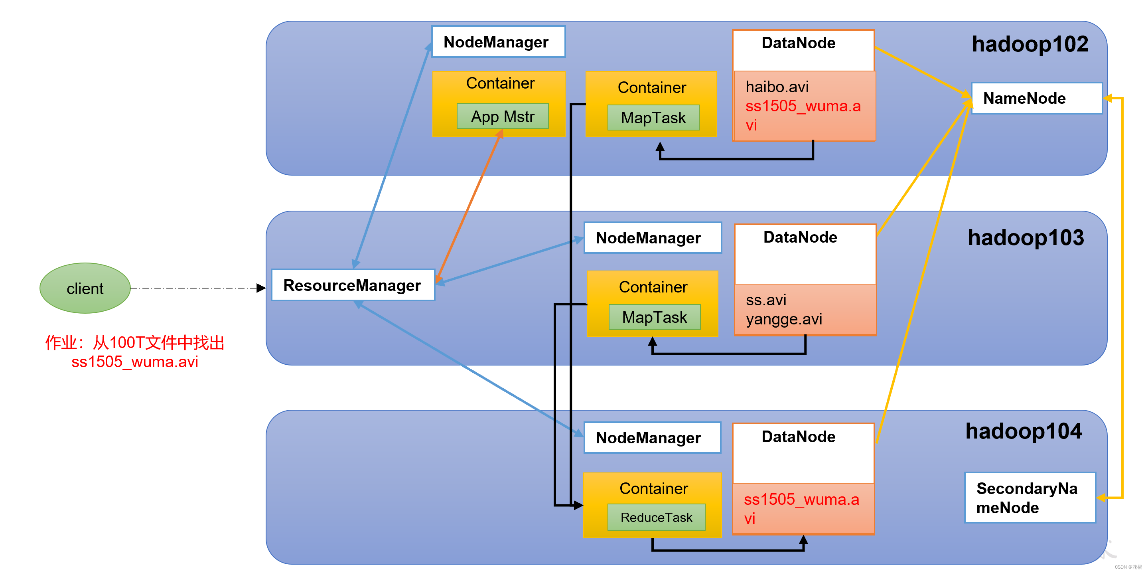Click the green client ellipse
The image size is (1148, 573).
point(85,288)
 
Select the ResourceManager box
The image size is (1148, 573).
point(353,285)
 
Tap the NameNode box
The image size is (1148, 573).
point(1037,98)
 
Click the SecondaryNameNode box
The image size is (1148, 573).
point(1030,498)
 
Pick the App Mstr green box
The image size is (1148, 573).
point(503,117)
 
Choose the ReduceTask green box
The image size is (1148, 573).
point(657,517)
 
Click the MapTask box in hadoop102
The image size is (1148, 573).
point(653,118)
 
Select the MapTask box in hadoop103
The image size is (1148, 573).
point(655,317)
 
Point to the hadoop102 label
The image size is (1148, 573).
point(1030,44)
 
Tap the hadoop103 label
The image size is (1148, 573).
point(1026,238)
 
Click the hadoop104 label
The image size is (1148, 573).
point(1023,431)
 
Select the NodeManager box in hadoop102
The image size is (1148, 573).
point(498,41)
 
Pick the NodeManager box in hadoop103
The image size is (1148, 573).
point(653,238)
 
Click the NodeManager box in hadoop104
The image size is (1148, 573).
point(652,437)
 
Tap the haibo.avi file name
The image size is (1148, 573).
point(777,87)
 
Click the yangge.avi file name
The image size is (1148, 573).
point(784,319)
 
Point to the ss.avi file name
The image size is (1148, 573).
point(766,300)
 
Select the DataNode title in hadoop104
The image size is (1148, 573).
point(798,437)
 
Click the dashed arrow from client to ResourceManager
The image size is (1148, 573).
point(198,288)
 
